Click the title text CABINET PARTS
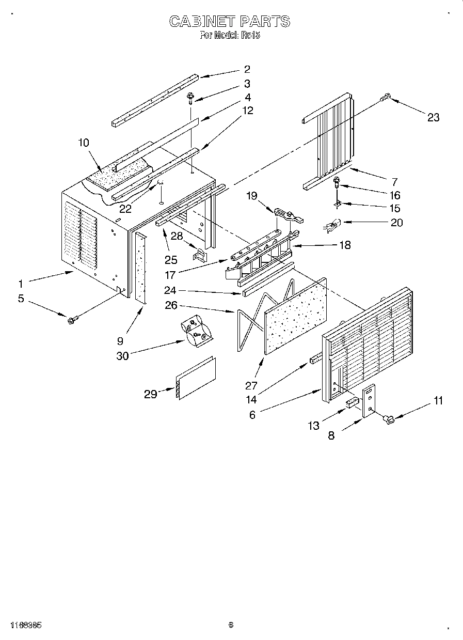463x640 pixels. click(x=230, y=21)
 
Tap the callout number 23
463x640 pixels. click(x=433, y=117)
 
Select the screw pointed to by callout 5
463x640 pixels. click(x=71, y=321)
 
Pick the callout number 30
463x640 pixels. click(x=122, y=356)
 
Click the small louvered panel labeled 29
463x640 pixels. click(x=196, y=378)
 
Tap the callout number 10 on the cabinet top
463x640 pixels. click(x=84, y=143)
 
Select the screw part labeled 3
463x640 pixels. click(x=191, y=96)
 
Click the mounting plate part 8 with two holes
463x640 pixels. click(x=369, y=401)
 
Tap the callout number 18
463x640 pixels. click(x=344, y=245)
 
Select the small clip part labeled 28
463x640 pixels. click(x=199, y=255)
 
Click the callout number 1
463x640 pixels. click(x=21, y=284)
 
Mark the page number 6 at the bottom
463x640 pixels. click(x=231, y=625)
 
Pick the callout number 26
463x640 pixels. click(x=171, y=305)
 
